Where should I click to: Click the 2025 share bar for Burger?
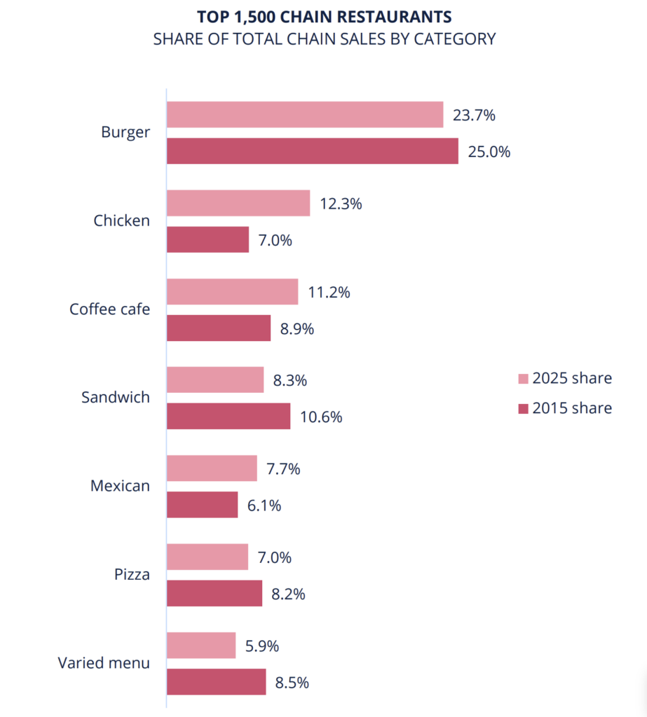coord(305,115)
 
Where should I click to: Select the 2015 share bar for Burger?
coord(313,151)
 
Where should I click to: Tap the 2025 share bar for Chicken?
coord(238,203)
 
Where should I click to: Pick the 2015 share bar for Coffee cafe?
coord(219,328)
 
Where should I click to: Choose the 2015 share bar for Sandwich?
coord(229,416)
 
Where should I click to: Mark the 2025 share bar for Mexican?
coord(212,468)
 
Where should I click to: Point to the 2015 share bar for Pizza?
coord(214,593)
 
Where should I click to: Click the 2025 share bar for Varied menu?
coord(201,645)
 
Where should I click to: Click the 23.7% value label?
coord(474,115)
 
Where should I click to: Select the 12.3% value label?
coord(340,204)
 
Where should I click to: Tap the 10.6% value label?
coord(320,417)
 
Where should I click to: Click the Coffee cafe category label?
coord(109,309)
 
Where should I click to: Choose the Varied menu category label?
coord(104,662)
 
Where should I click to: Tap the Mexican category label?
coord(120,485)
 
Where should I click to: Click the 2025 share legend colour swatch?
coord(523,379)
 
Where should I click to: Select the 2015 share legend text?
coord(572,408)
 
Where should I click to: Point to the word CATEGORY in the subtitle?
coord(454,39)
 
